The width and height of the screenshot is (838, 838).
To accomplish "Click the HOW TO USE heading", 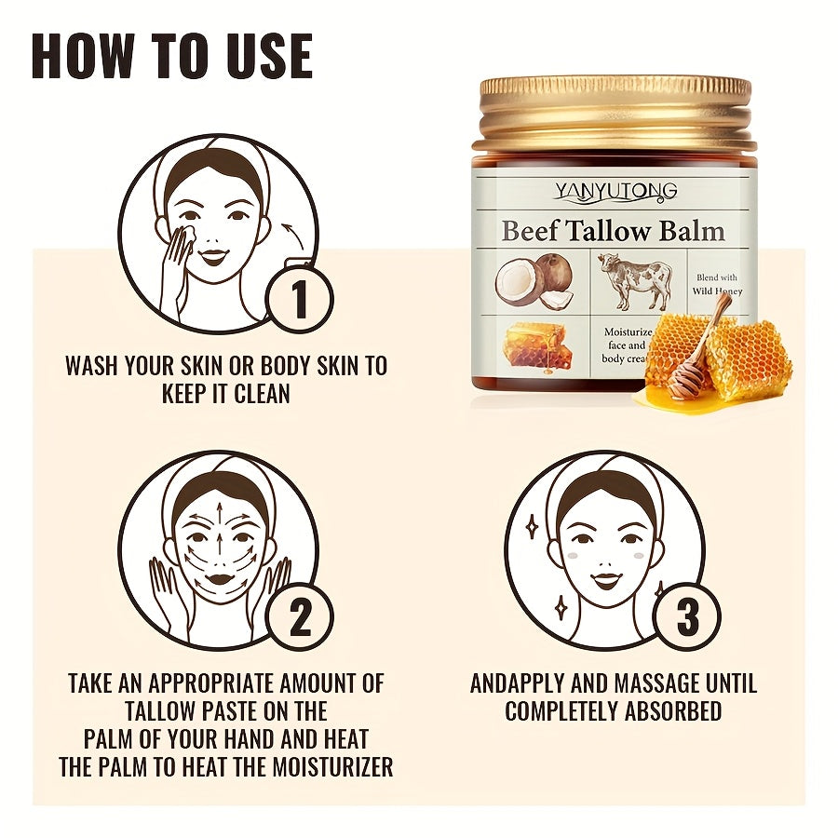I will click(x=172, y=57).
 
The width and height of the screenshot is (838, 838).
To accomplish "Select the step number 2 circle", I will click(x=300, y=617).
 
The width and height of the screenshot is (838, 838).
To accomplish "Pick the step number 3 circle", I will click(x=686, y=617).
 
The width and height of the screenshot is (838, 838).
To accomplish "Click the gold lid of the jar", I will click(x=615, y=112).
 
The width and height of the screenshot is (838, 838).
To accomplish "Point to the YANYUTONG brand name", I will click(x=615, y=192).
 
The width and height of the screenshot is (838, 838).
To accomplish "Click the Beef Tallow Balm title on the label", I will click(x=613, y=231).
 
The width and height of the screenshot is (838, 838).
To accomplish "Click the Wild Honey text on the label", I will click(x=719, y=291).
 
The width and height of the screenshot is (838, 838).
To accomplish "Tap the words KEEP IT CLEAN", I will click(x=225, y=393).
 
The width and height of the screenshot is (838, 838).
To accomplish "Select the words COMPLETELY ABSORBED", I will click(x=613, y=711).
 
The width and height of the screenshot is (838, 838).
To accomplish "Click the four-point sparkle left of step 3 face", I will click(x=533, y=528).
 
